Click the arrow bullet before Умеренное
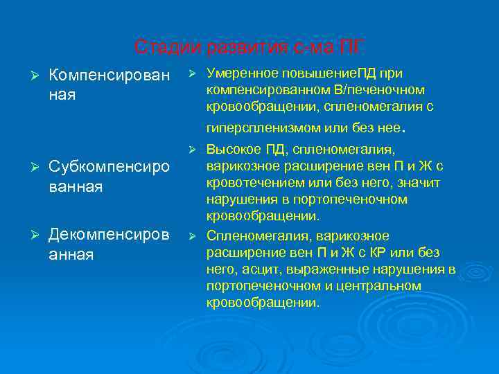193,73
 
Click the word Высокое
232,150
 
